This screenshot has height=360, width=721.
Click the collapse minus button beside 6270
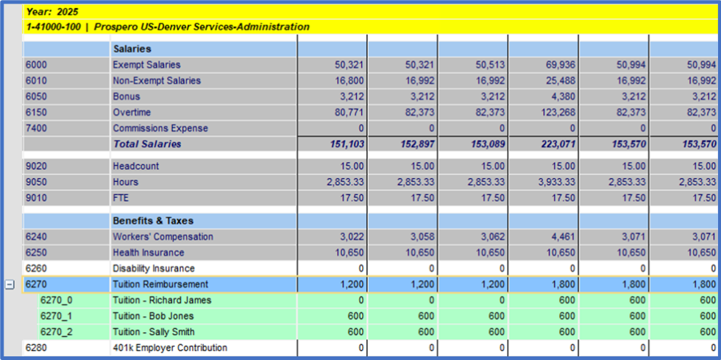click(10, 285)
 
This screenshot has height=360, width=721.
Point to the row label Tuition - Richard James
click(162, 300)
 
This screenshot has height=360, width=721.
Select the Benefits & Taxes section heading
click(153, 221)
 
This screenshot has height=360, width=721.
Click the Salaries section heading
click(132, 49)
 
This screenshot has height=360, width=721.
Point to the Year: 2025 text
click(51, 12)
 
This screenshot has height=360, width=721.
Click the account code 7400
click(36, 128)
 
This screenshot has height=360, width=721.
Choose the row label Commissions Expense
click(160, 128)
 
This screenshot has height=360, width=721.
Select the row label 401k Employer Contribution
click(170, 347)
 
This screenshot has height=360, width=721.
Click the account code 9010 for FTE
click(36, 198)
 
